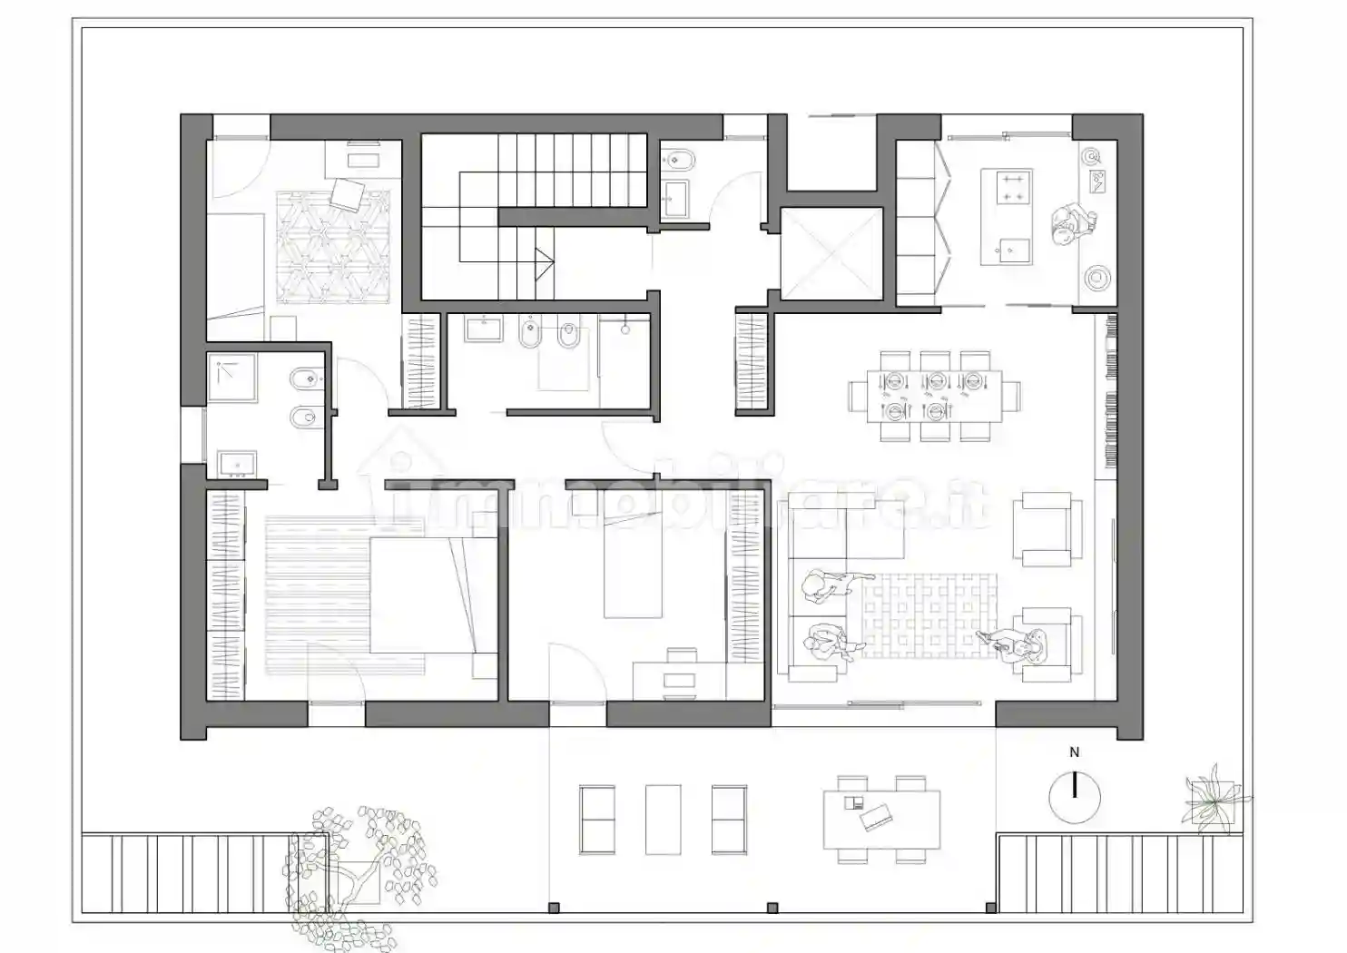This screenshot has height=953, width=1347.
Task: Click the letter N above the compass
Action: tap(1074, 752)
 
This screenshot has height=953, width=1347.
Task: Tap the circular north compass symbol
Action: tap(1075, 797)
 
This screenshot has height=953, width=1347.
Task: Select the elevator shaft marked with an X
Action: tap(831, 254)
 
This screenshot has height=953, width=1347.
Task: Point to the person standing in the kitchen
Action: tap(1074, 225)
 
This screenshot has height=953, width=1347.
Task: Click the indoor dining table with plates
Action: tap(934, 397)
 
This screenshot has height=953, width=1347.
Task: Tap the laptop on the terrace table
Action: tap(875, 819)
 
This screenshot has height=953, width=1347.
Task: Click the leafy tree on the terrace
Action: tap(359, 878)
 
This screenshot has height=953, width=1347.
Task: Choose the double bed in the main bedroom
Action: tap(434, 595)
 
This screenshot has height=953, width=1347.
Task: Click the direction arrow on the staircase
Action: tap(545, 264)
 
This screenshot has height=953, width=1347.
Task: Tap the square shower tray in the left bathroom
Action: tap(232, 378)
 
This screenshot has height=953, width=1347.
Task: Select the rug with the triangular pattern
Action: tap(332, 247)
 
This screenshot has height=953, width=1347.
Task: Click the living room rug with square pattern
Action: tap(929, 615)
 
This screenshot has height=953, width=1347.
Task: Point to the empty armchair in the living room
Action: tap(1047, 530)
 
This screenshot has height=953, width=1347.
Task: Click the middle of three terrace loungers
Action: tap(663, 820)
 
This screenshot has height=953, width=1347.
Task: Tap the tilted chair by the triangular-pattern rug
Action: tap(348, 194)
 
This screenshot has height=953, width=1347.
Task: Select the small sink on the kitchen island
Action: tap(1014, 247)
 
